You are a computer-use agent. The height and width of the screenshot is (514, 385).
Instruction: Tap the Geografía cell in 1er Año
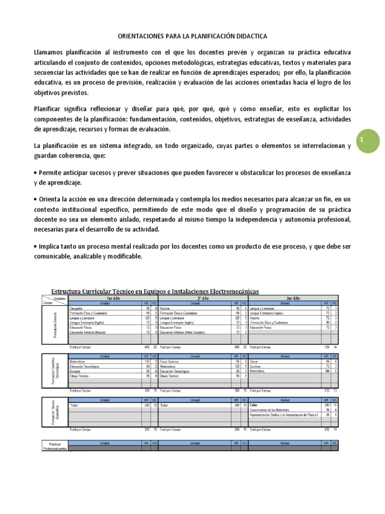click(77, 309)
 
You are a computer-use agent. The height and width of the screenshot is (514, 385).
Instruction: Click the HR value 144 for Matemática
click(326, 371)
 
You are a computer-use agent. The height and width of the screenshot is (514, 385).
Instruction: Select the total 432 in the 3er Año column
click(326, 429)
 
